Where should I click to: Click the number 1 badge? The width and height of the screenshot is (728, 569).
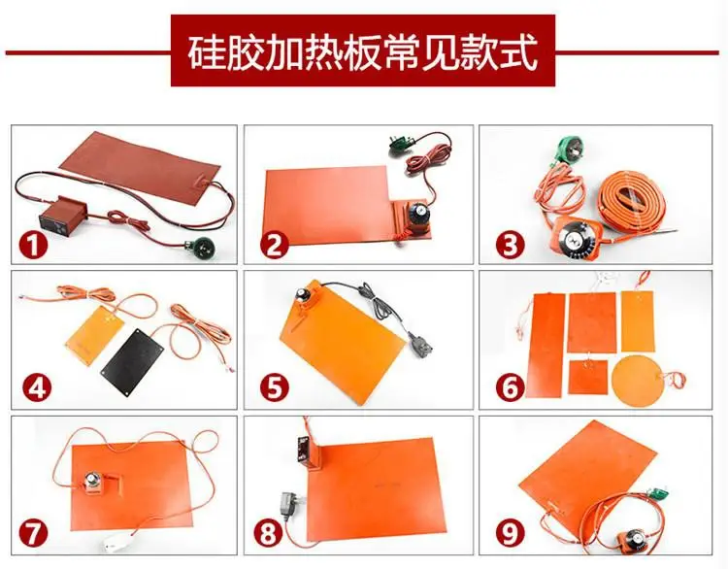pos(33,246)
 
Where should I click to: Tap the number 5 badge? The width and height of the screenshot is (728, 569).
pos(275,388)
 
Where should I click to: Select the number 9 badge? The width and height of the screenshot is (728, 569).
pos(510,533)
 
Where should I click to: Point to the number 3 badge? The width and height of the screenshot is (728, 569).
pos(510,246)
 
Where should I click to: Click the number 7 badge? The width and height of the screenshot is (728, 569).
pos(33,533)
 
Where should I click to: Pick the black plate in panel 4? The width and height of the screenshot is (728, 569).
pos(132,358)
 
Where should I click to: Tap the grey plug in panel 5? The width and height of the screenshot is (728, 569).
pos(420,343)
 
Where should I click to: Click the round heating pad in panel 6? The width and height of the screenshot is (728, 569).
pos(637,381)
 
